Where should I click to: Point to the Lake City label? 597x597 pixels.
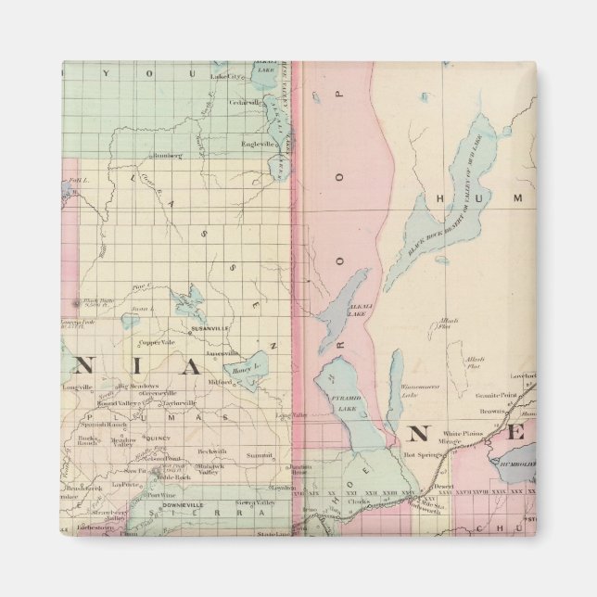click(225, 77)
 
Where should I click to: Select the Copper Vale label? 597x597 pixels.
click(157, 343)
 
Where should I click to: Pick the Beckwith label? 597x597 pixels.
click(212, 451)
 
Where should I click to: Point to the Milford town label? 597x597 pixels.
click(221, 381)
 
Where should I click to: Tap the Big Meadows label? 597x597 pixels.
click(138, 386)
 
